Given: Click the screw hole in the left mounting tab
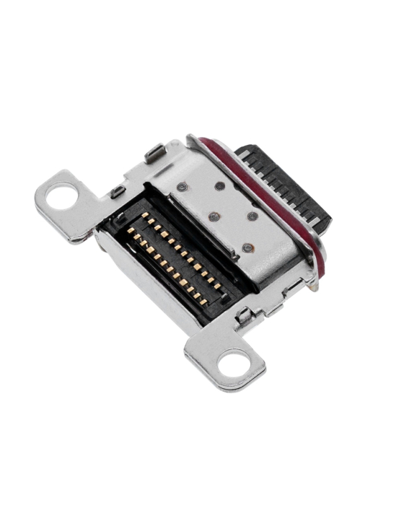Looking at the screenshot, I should [x=63, y=196].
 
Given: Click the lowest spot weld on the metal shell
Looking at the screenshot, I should [x=247, y=247].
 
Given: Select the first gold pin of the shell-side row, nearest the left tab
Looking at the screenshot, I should [x=146, y=216].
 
